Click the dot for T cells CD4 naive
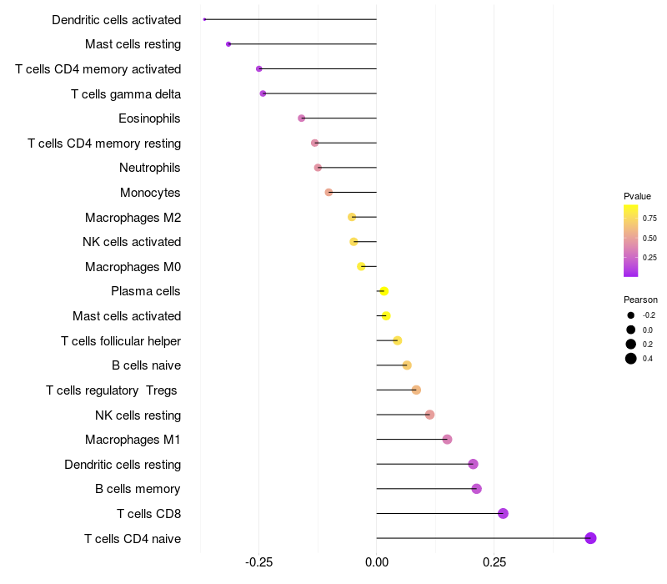tap(590, 538)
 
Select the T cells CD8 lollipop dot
tap(503, 513)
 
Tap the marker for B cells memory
tap(476, 489)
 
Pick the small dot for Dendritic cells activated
tap(204, 19)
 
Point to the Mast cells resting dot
tap(228, 43)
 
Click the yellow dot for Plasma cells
tap(384, 291)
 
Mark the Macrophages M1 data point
tap(447, 439)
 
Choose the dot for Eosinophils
tap(302, 118)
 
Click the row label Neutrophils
tap(150, 168)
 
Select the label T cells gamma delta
tap(126, 94)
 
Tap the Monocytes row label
tap(150, 193)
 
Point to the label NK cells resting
tap(138, 415)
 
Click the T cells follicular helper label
tap(121, 340)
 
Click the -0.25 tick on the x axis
tap(258, 563)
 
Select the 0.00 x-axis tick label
tap(377, 563)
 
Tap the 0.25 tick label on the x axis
tap(494, 563)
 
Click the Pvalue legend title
tap(637, 196)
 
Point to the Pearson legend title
tap(640, 300)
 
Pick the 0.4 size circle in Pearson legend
tap(631, 359)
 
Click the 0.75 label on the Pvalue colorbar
tap(649, 218)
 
